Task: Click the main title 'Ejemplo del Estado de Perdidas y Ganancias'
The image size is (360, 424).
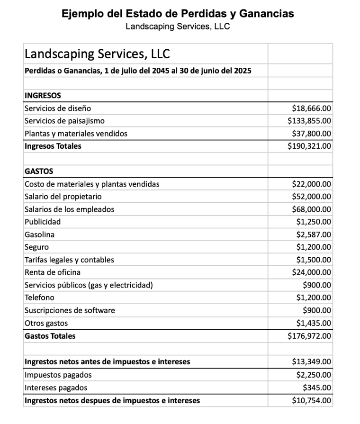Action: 178,13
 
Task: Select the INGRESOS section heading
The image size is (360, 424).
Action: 43,96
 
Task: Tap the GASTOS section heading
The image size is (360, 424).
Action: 39,171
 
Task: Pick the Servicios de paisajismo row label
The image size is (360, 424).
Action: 64,121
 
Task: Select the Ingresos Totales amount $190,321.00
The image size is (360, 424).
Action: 309,146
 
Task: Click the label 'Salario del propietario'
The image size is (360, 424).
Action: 63,197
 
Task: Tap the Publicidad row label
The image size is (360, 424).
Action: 43,222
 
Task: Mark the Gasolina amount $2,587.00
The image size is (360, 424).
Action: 314,235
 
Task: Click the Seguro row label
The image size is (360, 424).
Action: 36,247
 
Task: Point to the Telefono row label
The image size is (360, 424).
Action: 39,298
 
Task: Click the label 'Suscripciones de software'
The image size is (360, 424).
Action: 70,310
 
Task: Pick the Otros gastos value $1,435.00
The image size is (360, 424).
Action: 314,323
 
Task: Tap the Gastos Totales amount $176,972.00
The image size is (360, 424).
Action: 309,336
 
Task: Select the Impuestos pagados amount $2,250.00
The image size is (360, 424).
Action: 314,375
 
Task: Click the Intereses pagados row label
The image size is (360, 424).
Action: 56,388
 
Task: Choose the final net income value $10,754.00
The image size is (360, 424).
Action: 311,400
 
